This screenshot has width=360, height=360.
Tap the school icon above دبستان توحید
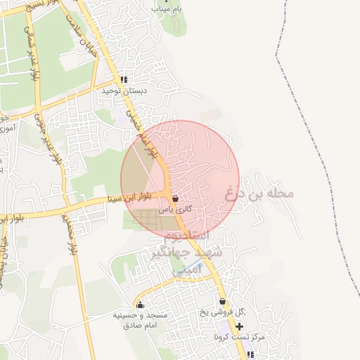pos(124,80)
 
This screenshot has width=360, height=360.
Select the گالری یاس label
pos(175,210)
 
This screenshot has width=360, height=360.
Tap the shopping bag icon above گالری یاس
pos(174,200)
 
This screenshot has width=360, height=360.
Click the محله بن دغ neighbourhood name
pos(259,193)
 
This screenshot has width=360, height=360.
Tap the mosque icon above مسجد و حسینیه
pos(140,305)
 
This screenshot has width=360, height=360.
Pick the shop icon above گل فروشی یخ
pos(222,302)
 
